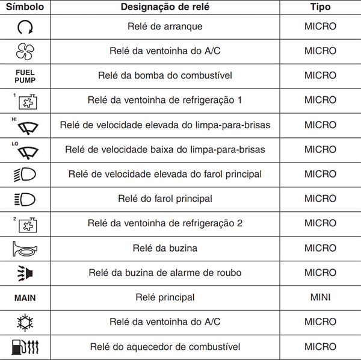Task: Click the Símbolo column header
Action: [25, 7]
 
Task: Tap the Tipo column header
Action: [320, 7]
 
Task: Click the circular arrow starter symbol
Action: [25, 27]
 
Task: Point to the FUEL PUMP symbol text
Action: [25, 76]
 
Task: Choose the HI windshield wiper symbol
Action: [25, 125]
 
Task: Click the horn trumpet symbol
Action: [25, 248]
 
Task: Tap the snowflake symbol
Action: [25, 322]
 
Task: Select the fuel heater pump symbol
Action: [25, 347]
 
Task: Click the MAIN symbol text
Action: [25, 297]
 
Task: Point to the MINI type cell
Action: [320, 297]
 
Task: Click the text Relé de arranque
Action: [165, 26]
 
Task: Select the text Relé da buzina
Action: [165, 248]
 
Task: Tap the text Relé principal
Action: [165, 297]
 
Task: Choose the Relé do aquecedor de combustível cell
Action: [165, 347]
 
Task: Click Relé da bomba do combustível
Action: [165, 76]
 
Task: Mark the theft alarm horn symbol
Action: [25, 273]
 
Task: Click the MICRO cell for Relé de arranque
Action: [320, 26]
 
